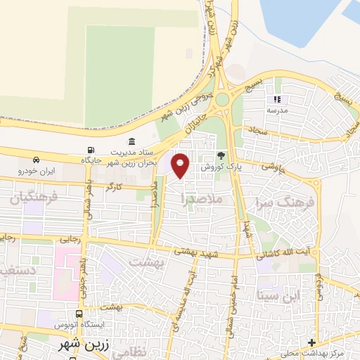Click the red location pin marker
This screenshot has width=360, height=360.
click(x=181, y=165)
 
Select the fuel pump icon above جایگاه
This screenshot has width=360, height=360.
click(x=90, y=150)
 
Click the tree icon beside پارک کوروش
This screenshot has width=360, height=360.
click(x=221, y=155)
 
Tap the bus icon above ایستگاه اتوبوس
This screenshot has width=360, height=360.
click(x=79, y=315)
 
